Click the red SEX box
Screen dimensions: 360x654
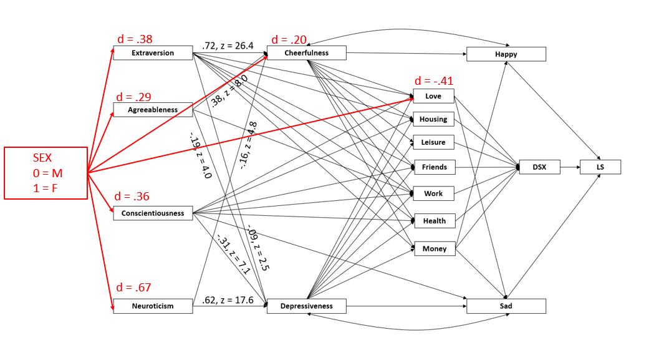point(46,173)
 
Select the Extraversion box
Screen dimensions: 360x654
point(153,53)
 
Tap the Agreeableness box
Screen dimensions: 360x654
point(153,110)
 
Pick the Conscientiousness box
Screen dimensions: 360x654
point(153,213)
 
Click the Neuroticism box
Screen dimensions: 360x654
point(153,306)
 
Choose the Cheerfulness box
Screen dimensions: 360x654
point(306,53)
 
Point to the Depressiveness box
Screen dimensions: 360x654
point(306,306)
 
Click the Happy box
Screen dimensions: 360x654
point(506,54)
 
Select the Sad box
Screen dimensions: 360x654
point(506,306)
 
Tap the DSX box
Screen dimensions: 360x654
point(539,167)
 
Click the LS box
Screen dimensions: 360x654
point(600,167)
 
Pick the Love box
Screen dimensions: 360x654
point(433,96)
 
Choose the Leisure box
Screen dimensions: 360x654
point(433,142)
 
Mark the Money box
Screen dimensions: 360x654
point(435,248)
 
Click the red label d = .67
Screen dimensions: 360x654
point(133,288)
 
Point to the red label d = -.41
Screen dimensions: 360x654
point(434,81)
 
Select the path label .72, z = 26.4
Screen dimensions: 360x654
point(228,46)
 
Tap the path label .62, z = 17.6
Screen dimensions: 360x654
point(228,300)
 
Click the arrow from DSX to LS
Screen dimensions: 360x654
point(570,167)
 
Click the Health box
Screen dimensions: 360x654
point(435,220)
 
